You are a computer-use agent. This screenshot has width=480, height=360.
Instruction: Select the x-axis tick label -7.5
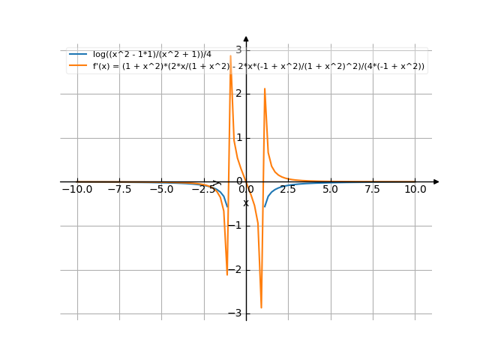point(119,190)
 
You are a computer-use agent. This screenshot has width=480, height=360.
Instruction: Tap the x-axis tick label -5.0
point(161,190)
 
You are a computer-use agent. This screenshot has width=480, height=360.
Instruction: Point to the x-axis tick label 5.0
point(331,190)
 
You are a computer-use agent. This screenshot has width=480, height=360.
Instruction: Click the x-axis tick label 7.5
point(373,190)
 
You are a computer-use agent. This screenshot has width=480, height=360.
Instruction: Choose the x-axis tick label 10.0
point(415,190)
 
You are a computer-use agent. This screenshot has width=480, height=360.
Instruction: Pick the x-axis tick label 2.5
point(288,190)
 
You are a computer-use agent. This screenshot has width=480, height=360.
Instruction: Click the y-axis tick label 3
point(238,50)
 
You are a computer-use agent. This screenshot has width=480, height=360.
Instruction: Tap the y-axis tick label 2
point(238,94)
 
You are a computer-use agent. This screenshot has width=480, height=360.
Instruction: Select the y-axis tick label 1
point(238,138)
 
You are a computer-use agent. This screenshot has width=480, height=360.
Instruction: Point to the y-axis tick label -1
point(237,226)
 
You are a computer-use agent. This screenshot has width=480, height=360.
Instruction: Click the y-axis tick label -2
point(237,270)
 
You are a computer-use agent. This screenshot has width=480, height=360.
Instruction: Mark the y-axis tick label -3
point(237,313)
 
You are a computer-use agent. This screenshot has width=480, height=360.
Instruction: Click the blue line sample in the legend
point(78,55)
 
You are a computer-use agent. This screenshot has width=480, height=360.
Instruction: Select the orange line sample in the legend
point(78,66)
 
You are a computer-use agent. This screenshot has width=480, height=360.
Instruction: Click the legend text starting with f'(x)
point(259,66)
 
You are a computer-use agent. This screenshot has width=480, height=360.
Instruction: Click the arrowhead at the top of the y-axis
point(246,39)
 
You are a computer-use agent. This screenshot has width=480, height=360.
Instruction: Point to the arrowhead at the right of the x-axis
point(436,181)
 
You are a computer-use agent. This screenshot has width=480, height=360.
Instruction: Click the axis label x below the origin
point(245,203)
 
